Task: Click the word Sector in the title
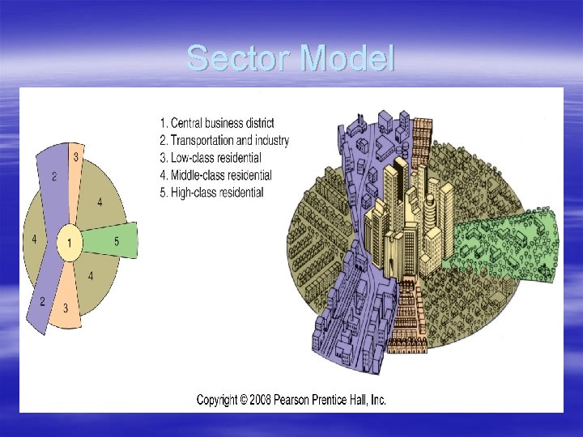tap(239, 58)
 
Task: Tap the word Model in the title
tap(347, 58)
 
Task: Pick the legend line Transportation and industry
tap(224, 140)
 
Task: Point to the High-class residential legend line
tap(212, 193)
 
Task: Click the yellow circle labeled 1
tap(70, 243)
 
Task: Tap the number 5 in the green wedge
tap(117, 240)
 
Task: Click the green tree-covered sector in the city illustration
tap(506, 243)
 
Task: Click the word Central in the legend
tap(186, 123)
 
